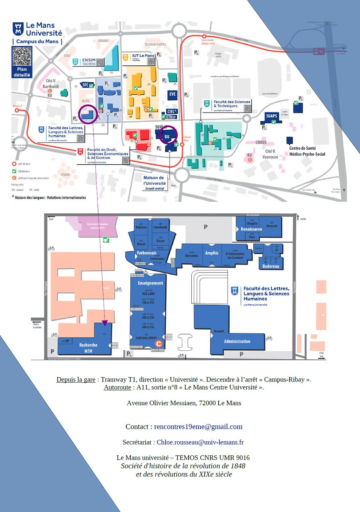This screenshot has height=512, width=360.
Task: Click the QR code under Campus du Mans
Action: (21, 56)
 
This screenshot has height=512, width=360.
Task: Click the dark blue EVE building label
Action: (173, 94)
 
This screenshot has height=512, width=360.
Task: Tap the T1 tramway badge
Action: (317, 52)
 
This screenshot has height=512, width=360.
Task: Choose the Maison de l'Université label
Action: (154, 180)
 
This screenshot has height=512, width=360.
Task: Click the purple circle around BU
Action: (167, 134)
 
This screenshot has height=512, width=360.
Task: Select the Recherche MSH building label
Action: (88, 348)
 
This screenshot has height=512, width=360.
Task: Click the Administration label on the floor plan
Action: (237, 341)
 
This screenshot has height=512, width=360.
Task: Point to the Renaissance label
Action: (251, 229)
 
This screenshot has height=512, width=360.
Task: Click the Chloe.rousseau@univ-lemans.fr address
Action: (200, 442)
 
